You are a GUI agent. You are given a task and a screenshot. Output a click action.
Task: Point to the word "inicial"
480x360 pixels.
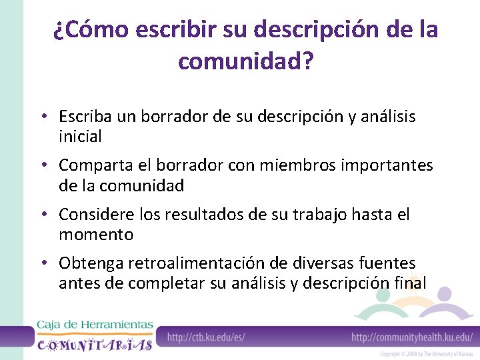click(80, 137)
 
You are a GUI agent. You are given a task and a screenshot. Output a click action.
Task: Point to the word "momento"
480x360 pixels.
click(96, 235)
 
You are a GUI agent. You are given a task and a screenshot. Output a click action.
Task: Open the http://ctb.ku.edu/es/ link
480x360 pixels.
click(206, 337)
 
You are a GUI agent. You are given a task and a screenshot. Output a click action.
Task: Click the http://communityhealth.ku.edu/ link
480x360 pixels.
click(412, 337)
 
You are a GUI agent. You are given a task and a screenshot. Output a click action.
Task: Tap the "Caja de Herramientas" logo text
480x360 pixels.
click(95, 325)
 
